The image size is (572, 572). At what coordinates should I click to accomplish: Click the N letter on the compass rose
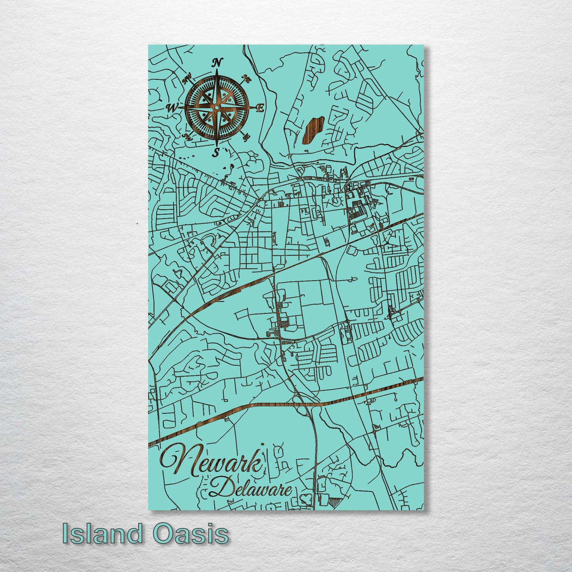(217, 62)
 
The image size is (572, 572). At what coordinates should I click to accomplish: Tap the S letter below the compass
(216, 153)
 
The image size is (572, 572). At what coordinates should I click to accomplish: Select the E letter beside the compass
(260, 108)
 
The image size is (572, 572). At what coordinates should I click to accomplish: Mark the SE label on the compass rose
(247, 137)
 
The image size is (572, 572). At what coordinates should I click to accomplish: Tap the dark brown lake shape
(313, 129)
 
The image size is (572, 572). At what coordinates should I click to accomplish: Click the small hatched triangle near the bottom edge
(336, 501)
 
